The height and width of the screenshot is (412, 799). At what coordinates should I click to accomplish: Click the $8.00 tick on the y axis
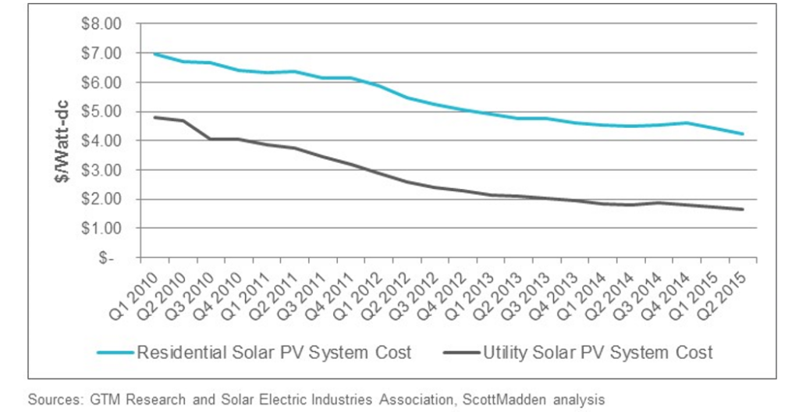tap(102, 23)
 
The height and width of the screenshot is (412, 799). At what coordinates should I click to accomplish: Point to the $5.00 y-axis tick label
tap(102, 112)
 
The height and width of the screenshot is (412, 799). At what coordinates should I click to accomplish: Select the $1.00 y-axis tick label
tap(102, 229)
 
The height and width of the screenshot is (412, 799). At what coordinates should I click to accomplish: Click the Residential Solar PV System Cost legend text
tap(274, 353)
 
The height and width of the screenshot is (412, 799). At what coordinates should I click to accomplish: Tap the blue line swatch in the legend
tap(115, 353)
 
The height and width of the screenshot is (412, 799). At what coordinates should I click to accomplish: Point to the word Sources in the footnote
tap(54, 399)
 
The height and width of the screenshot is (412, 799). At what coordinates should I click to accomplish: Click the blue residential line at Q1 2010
tap(154, 54)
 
